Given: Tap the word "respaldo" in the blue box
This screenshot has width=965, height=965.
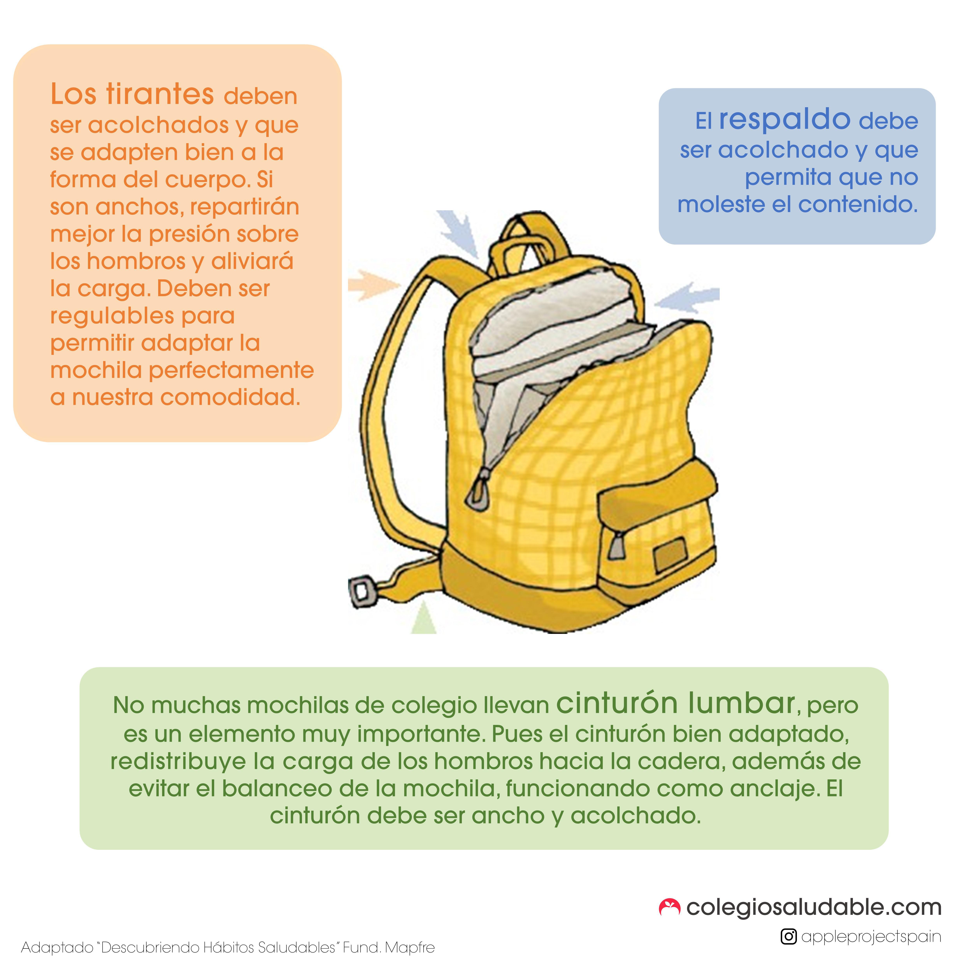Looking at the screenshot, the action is pos(785,120).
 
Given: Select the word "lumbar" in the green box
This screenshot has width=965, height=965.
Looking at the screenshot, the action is pos(741,703).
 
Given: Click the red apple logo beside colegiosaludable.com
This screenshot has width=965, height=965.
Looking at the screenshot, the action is pos(669,907).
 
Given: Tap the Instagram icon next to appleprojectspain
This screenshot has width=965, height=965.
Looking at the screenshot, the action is pos(788,937).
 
